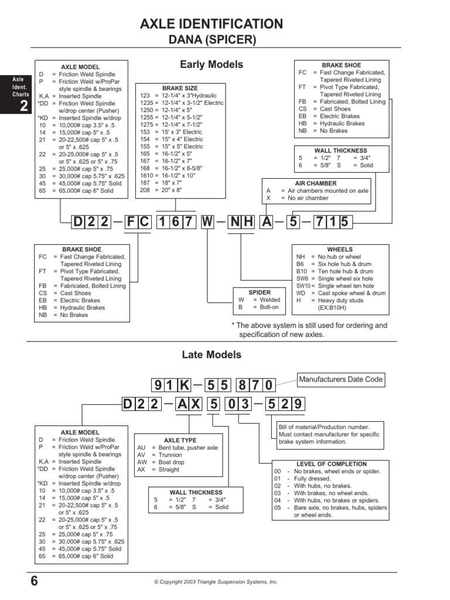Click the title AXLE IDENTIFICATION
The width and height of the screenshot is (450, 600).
[x=211, y=24]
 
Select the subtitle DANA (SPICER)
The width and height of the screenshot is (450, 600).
[x=211, y=40]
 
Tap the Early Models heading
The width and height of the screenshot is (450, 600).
[x=211, y=64]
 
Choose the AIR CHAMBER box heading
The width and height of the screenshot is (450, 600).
[x=316, y=183]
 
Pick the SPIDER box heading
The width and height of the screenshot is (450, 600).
[x=260, y=292]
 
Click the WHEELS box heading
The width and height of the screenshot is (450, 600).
[x=340, y=250]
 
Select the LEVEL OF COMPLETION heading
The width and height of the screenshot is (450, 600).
[x=331, y=464]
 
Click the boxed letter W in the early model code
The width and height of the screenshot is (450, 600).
[x=207, y=222]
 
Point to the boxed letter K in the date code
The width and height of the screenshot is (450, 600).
[x=184, y=385]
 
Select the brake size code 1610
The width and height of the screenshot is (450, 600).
[x=146, y=175]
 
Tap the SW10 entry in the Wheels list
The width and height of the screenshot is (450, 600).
[x=302, y=286]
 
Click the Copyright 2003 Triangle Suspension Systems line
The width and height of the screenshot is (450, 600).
[x=216, y=582]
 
